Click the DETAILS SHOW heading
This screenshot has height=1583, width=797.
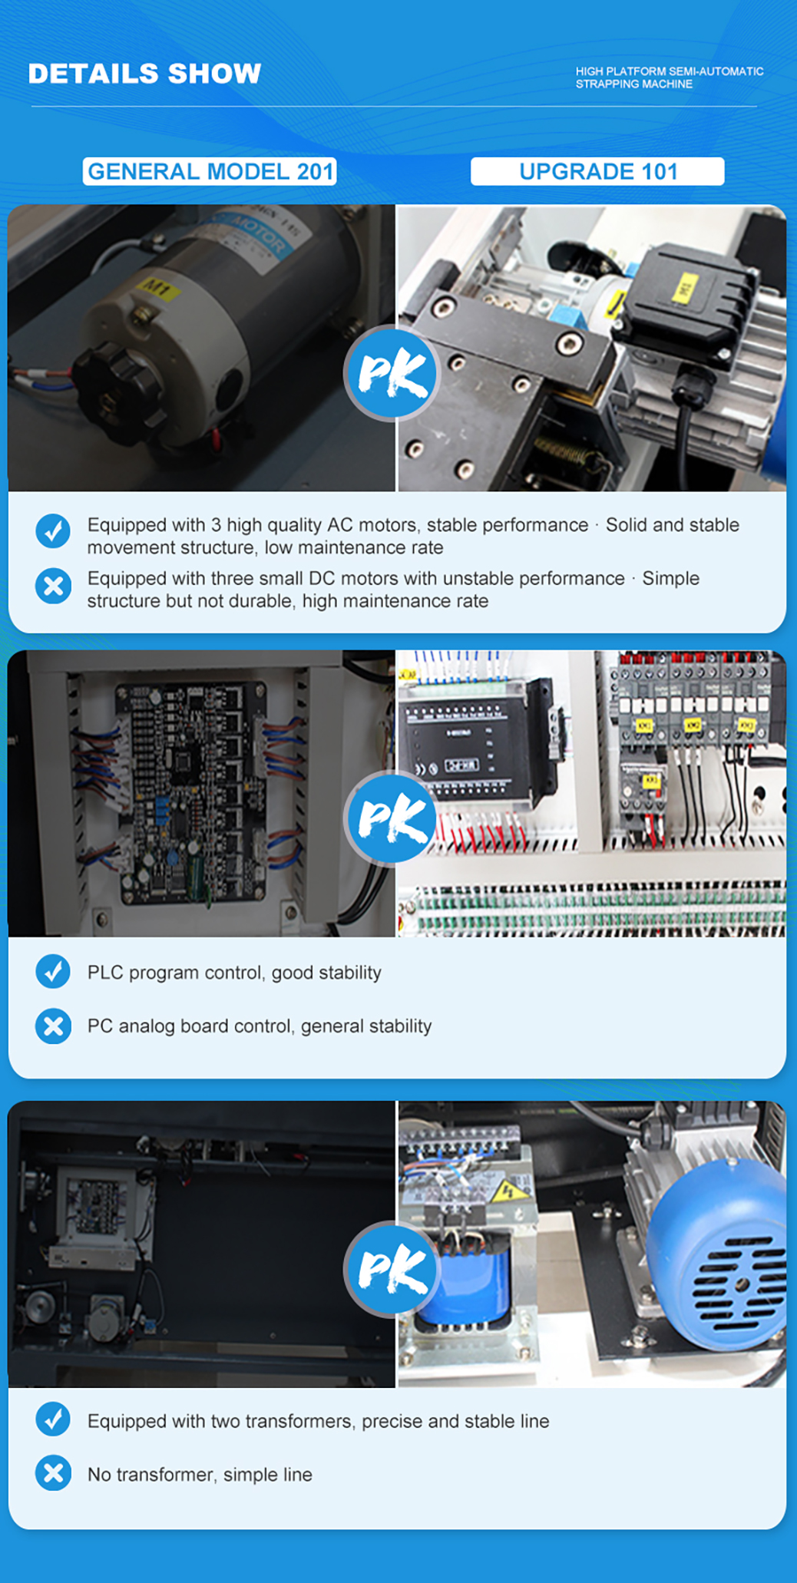coord(144,74)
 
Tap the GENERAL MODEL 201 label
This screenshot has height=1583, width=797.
coord(210,171)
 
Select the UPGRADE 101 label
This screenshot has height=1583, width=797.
coord(597,171)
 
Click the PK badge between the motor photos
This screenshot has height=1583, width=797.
coord(392,373)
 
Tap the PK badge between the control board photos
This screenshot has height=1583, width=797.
coord(392,818)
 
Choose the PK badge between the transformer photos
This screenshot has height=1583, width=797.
coord(392,1268)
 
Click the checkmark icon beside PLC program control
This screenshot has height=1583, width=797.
coord(53,971)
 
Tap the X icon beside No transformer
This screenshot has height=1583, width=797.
coord(53,1473)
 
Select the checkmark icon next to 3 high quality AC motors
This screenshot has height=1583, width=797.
coord(53,530)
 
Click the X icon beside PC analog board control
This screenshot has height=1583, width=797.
coord(53,1026)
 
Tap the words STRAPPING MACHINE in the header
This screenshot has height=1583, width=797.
coord(634,84)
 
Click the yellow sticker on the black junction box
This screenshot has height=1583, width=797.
coord(681,289)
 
